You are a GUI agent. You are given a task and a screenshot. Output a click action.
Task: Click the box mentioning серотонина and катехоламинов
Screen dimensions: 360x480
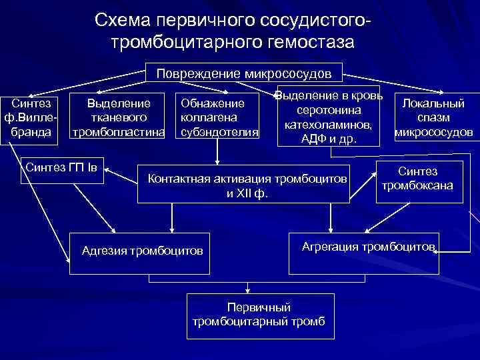329,115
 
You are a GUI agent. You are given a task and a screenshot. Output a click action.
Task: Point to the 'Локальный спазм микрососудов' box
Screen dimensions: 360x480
434,117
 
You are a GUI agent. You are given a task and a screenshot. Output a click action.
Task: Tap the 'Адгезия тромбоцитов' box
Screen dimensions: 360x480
141,251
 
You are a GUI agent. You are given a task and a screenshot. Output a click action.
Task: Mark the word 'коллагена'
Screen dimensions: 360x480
209,118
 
